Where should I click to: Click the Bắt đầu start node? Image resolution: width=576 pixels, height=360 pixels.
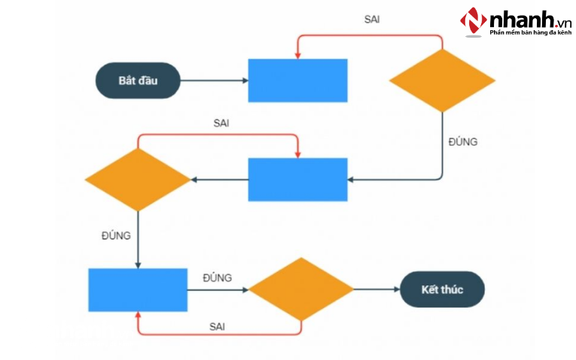coord(138,81)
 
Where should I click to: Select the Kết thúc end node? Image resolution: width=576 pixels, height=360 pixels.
coord(441,289)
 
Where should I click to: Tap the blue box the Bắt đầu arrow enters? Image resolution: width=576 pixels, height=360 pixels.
coord(297,81)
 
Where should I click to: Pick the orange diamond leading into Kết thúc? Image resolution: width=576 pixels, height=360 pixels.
coord(301,289)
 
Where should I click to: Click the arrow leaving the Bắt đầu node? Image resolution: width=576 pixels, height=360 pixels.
coord(214,81)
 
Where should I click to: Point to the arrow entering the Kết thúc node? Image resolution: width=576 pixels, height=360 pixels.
coord(376,289)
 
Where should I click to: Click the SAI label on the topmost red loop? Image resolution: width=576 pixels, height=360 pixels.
coord(371,19)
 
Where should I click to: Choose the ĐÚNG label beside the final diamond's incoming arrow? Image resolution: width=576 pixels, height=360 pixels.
coord(217,278)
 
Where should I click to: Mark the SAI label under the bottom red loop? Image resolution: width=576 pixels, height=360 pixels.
coord(218,326)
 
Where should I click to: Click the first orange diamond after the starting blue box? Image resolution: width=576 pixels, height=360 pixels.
coord(442,81)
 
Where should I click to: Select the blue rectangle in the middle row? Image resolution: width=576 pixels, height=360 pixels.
coord(297,179)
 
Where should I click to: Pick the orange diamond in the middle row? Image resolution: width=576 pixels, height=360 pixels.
coord(137,179)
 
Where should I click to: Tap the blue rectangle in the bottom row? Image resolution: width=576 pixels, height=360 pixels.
coord(137,290)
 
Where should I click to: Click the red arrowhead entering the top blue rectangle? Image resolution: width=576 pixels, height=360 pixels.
coord(297,55)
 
